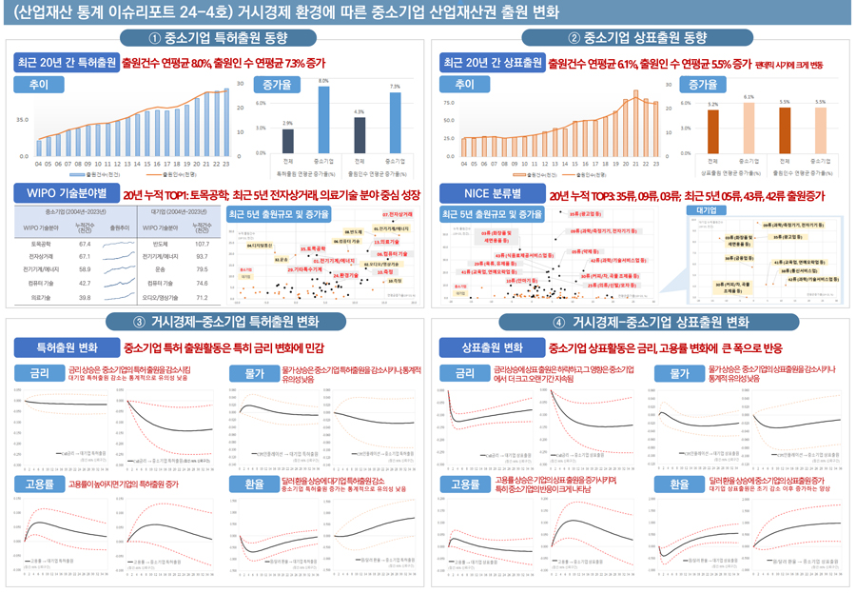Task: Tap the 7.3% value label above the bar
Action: (395, 87)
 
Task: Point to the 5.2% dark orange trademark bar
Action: (712, 130)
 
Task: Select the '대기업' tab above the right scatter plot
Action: (706, 208)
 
